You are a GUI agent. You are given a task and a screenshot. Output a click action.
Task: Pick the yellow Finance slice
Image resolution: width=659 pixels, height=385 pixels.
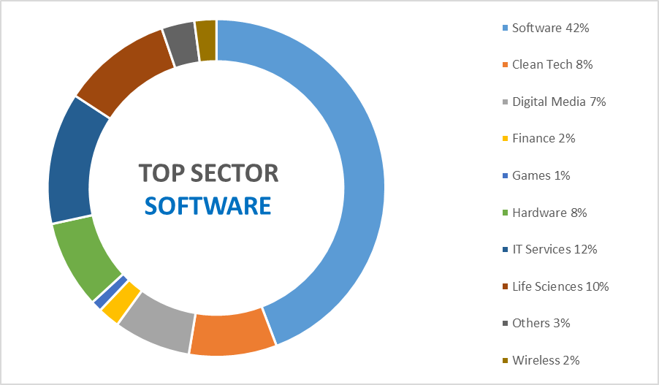coord(121,301)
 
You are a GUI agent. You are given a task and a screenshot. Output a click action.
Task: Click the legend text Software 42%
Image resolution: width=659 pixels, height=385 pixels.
coord(550,28)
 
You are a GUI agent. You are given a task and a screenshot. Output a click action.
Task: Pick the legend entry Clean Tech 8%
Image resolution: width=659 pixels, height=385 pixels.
coord(552,64)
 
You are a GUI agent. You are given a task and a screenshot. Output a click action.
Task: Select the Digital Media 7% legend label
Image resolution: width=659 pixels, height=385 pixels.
coord(559,102)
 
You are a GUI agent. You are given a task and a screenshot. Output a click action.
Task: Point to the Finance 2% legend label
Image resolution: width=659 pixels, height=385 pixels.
coord(544,138)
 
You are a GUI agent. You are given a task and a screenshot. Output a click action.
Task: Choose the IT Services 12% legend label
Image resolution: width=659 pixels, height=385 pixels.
coord(555,249)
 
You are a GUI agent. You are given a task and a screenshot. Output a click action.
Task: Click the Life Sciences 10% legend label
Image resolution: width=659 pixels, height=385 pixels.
coord(560,286)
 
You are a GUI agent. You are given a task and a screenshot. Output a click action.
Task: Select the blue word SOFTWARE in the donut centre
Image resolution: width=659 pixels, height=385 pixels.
coord(207,205)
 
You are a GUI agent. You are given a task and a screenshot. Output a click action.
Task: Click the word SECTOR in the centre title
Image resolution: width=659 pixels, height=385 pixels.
coord(237,173)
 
